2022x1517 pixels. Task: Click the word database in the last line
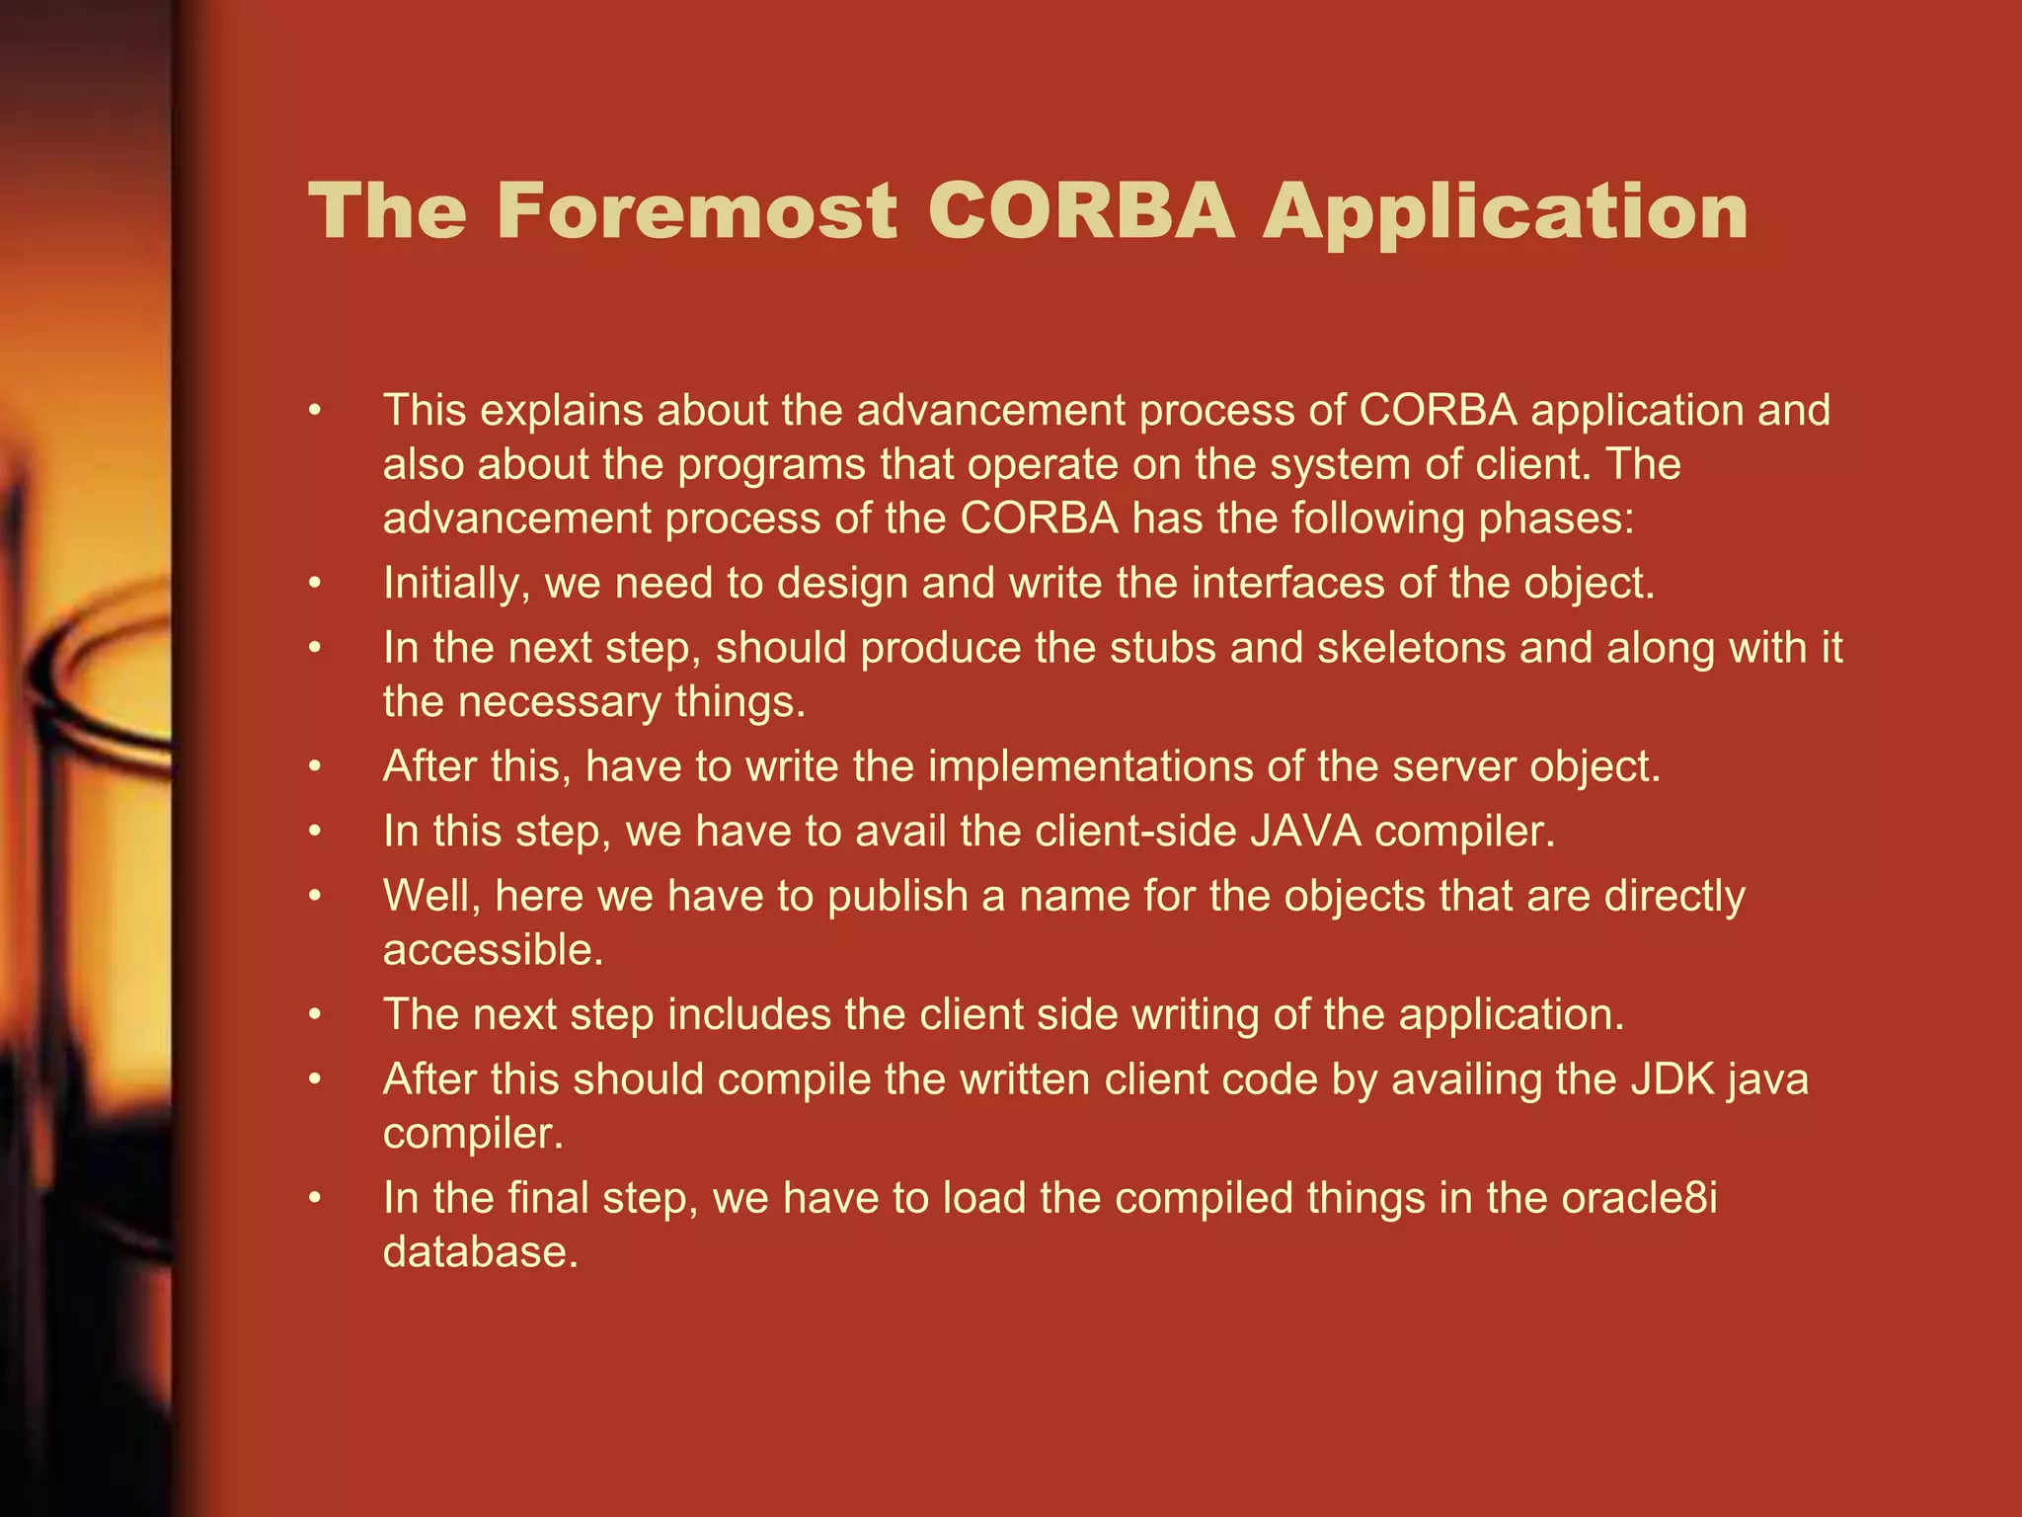(x=480, y=1252)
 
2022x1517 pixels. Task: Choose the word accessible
(x=493, y=950)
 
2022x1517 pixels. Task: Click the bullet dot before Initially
(x=315, y=584)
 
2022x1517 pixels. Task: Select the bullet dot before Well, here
(x=315, y=896)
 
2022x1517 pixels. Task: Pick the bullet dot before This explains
(x=315, y=411)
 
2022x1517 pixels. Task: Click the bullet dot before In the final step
(x=315, y=1198)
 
